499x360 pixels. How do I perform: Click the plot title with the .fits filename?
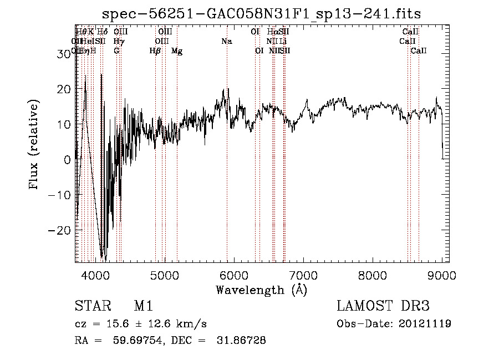(263, 14)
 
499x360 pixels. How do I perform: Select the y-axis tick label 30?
(66, 53)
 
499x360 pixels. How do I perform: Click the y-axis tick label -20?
(63, 230)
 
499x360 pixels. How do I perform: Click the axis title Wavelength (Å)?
(261, 290)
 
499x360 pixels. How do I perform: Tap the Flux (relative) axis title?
(35, 144)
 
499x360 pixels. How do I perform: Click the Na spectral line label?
(226, 42)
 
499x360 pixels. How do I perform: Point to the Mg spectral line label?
(177, 51)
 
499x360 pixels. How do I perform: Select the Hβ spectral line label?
(155, 51)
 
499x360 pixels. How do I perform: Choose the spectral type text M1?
(143, 306)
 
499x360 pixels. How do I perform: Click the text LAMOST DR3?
(383, 306)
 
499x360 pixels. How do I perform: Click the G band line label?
(116, 51)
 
